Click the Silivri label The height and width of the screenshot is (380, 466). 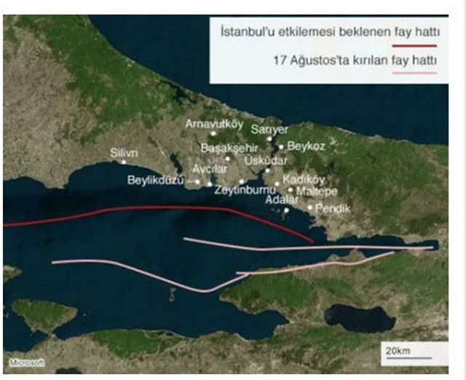(x=124, y=152)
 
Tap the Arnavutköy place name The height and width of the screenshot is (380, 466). (x=213, y=124)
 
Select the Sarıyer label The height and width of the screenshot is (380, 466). (x=269, y=129)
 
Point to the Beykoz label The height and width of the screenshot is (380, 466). (x=306, y=146)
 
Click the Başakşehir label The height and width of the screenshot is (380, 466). (x=229, y=148)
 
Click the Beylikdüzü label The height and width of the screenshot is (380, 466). (x=156, y=179)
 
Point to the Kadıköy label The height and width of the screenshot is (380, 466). (x=304, y=179)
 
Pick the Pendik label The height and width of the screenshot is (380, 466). (x=334, y=208)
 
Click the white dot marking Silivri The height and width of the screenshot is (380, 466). (x=124, y=162)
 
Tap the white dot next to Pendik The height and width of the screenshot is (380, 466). (x=311, y=207)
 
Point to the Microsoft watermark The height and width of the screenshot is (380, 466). (x=27, y=362)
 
